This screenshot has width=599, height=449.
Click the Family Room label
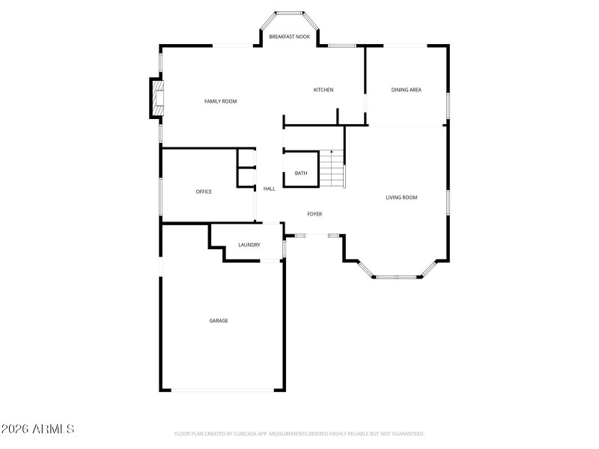coord(221,101)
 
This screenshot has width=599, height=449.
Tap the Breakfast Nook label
coord(290,36)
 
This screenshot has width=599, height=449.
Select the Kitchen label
coord(323,91)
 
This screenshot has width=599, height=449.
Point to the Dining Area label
coord(407,91)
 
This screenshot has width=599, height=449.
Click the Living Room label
coord(401,198)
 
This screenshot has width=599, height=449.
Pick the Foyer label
coord(314,215)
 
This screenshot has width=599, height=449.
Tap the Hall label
coord(270,189)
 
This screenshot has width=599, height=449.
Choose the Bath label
coord(301,174)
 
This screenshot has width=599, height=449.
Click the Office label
coord(204,192)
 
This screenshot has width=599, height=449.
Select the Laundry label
coord(249,245)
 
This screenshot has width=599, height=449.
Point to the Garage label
coord(219,320)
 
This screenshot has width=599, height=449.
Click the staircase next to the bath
coord(332,169)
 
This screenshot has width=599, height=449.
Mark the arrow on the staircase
coord(332,155)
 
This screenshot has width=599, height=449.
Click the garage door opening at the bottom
coord(222,389)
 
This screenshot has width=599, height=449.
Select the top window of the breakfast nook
coord(290,13)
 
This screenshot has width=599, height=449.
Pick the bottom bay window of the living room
coord(398,277)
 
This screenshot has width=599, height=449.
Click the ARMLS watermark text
coord(37,430)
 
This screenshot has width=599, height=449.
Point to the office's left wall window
coord(160,198)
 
